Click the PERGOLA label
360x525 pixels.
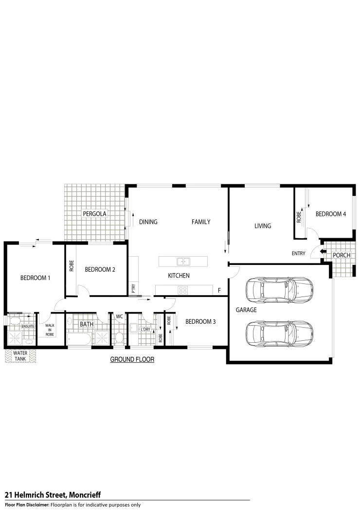[94, 213]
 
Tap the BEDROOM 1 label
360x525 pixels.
[36, 278]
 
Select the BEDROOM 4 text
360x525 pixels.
[330, 213]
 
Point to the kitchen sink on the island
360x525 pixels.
[183, 262]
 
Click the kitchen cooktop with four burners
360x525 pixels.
[183, 290]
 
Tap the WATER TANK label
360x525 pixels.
[20, 356]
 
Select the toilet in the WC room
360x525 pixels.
[119, 337]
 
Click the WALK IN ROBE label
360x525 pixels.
[50, 330]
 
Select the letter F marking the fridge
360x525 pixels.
[219, 291]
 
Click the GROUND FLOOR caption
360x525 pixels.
[132, 360]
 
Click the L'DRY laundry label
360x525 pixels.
[145, 330]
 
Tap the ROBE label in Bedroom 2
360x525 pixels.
[72, 269]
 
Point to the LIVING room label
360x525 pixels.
[263, 226]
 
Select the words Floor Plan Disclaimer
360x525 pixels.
[27, 505]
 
